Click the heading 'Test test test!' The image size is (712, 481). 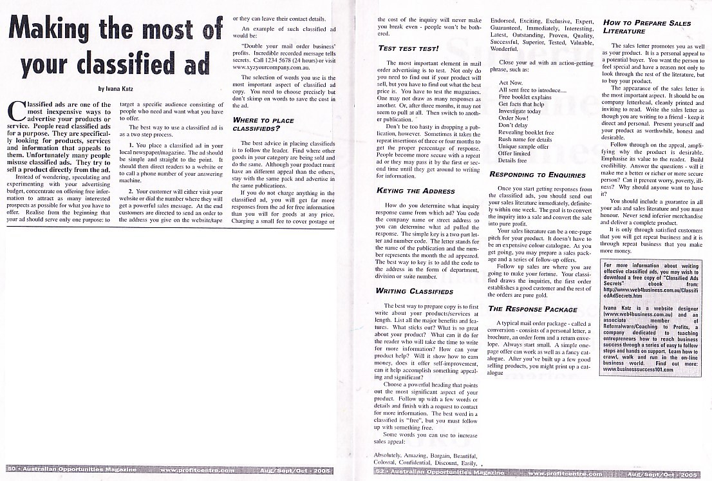(x=408, y=48)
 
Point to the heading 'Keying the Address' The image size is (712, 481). (x=416, y=191)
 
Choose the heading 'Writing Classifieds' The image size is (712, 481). (x=414, y=291)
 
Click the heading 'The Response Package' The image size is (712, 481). (x=523, y=309)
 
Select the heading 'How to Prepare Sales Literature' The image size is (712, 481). (x=646, y=27)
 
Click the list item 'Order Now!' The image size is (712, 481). (x=514, y=118)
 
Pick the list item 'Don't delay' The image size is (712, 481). (x=513, y=126)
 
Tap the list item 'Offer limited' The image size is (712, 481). (x=514, y=153)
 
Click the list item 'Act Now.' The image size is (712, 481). (x=511, y=83)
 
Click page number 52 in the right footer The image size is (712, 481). (x=382, y=473)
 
